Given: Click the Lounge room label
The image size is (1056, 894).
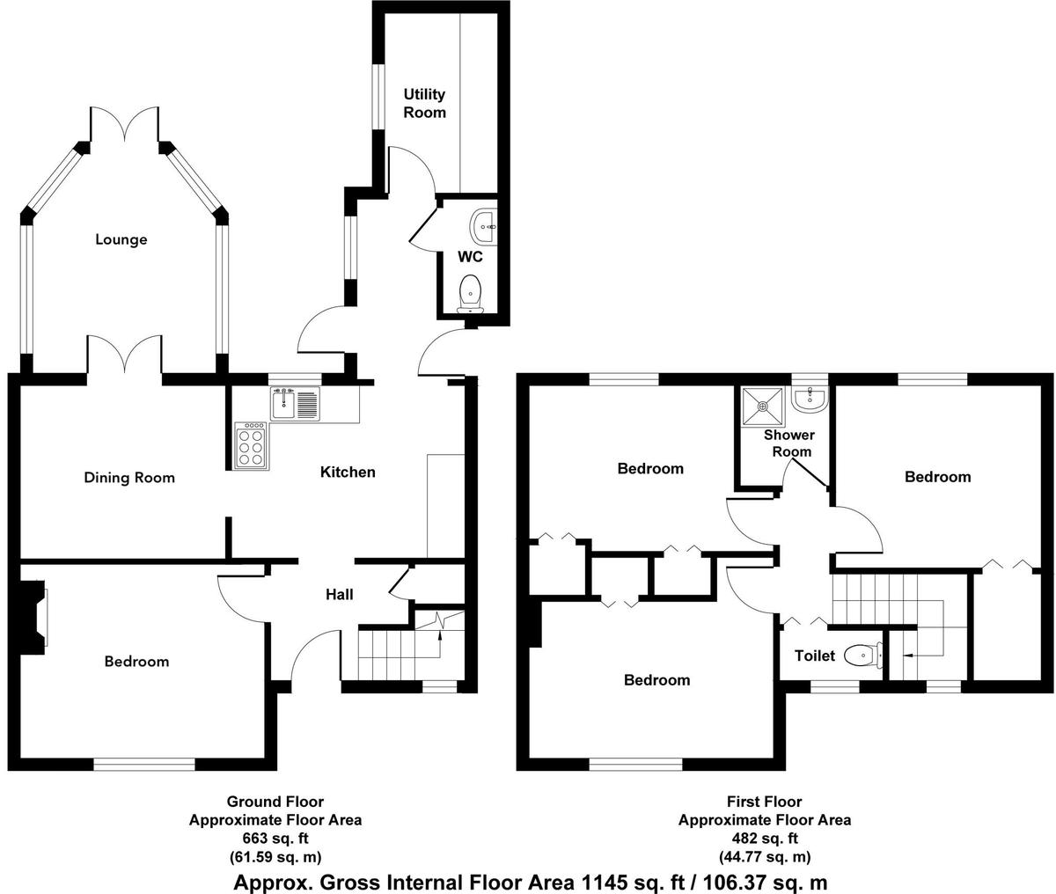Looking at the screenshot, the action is [121, 239].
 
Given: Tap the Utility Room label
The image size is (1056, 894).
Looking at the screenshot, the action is [424, 103].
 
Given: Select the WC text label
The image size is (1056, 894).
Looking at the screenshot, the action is [470, 256].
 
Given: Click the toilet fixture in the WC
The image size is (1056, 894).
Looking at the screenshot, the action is [470, 294].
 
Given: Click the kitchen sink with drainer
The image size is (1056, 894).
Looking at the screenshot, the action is [296, 404].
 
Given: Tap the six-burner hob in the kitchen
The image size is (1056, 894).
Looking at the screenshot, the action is [250, 445].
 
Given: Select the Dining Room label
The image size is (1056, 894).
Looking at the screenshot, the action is [129, 478].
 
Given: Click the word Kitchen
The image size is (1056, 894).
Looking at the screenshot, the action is [348, 472].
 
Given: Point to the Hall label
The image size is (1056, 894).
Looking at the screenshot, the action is [340, 594].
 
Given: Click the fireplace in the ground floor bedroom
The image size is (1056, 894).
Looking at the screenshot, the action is [33, 617].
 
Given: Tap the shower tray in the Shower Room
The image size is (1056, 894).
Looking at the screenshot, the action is [763, 407].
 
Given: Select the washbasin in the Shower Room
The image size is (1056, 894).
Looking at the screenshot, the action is [810, 399].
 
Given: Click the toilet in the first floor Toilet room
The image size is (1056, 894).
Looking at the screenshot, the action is [863, 655].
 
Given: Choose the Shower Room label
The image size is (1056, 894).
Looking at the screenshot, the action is [789, 443].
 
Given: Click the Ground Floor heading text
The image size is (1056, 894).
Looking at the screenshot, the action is [275, 802].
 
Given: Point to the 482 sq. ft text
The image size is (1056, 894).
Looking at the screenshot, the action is [765, 839].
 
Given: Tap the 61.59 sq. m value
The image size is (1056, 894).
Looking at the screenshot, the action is [275, 857].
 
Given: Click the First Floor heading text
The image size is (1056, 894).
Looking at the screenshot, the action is [765, 802].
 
